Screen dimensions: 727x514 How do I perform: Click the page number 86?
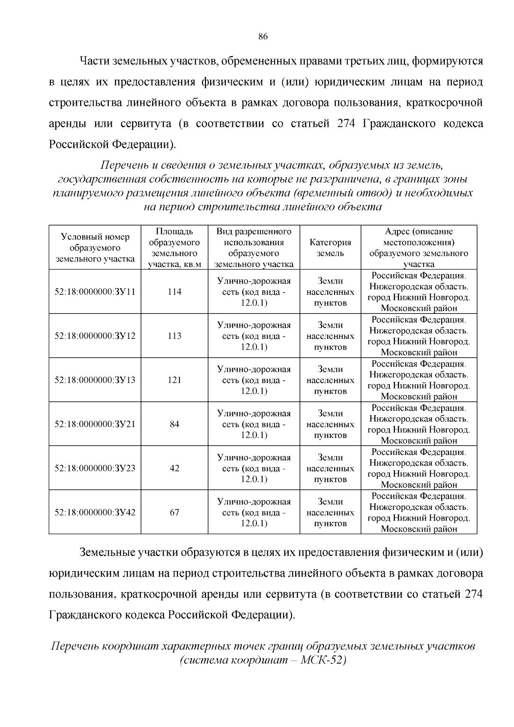(x=263, y=37)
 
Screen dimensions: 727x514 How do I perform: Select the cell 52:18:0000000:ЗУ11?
(x=95, y=292)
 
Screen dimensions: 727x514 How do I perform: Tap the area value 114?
(x=174, y=292)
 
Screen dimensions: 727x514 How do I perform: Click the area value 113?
(x=174, y=336)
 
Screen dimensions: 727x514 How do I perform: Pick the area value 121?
(x=174, y=380)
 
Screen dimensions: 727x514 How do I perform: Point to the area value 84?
(x=174, y=424)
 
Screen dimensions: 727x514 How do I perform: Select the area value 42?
(x=174, y=468)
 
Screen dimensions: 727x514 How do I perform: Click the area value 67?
(x=174, y=512)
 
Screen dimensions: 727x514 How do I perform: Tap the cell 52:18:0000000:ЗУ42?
(x=95, y=512)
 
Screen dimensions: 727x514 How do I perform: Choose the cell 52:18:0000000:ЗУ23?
(x=95, y=468)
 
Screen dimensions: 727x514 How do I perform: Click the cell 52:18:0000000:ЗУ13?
(x=95, y=380)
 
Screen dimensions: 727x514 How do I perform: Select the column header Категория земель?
(x=330, y=248)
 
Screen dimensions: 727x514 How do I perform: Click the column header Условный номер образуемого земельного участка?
(x=95, y=248)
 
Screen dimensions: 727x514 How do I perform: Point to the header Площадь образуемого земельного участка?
(x=174, y=248)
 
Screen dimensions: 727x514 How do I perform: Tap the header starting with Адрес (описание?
(x=418, y=248)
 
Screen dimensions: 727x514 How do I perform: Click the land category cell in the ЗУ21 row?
(x=330, y=424)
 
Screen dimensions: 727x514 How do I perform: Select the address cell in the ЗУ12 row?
(x=418, y=336)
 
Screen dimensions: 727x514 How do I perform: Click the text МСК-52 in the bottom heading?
(x=323, y=660)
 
